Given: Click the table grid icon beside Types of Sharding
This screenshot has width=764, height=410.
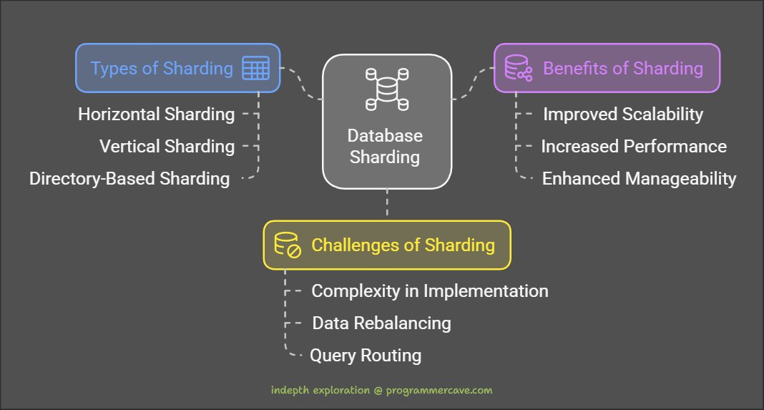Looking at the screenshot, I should pos(255,69).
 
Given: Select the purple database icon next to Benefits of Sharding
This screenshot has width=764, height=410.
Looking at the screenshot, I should pos(519,68).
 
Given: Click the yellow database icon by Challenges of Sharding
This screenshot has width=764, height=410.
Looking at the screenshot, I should pos(288,245).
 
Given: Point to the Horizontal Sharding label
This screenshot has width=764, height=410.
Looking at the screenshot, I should pos(156,114).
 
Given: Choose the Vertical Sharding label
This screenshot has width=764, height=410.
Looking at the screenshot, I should pos(167,146).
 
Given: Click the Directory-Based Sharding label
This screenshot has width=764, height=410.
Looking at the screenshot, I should pos(129,178).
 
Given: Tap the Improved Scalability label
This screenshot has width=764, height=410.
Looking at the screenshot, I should pos(623,114).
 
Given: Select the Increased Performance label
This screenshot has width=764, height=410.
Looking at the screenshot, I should pos(633,146).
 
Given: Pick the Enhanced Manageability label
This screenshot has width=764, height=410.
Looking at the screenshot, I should pos(639,178).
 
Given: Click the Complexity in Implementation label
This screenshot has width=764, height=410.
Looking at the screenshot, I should pos(430,291).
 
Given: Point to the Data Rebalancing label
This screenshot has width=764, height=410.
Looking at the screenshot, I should pos(381,323).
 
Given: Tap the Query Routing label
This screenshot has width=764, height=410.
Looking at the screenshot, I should pos(365,355).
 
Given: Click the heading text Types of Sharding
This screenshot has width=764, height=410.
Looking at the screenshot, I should pos(162,69).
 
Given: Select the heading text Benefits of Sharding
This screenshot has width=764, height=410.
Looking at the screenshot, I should pos(623,69).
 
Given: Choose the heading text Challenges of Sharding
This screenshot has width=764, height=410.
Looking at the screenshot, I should pos(403,245).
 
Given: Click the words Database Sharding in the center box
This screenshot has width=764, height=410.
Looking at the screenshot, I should pos(386,146).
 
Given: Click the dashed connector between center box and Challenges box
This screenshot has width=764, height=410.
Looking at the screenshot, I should pos(386,204).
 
